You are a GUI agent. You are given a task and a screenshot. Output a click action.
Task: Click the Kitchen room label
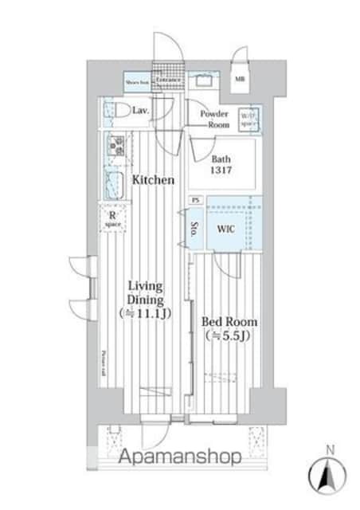click(153, 180)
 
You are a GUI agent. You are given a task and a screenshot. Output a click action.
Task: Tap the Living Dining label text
click(147, 292)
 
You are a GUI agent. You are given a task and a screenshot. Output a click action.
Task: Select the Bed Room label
click(229, 321)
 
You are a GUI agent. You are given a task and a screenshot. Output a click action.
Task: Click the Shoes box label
click(136, 80)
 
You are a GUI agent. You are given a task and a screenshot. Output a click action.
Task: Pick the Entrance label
click(167, 80)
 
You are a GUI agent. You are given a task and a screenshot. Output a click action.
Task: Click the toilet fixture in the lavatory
click(112, 111)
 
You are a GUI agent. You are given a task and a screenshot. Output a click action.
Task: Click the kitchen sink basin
click(114, 183)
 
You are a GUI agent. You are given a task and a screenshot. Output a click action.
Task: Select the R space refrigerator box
click(112, 218)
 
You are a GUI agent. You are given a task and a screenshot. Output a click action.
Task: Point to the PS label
click(195, 200)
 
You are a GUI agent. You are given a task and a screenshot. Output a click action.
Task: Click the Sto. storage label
click(195, 231)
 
